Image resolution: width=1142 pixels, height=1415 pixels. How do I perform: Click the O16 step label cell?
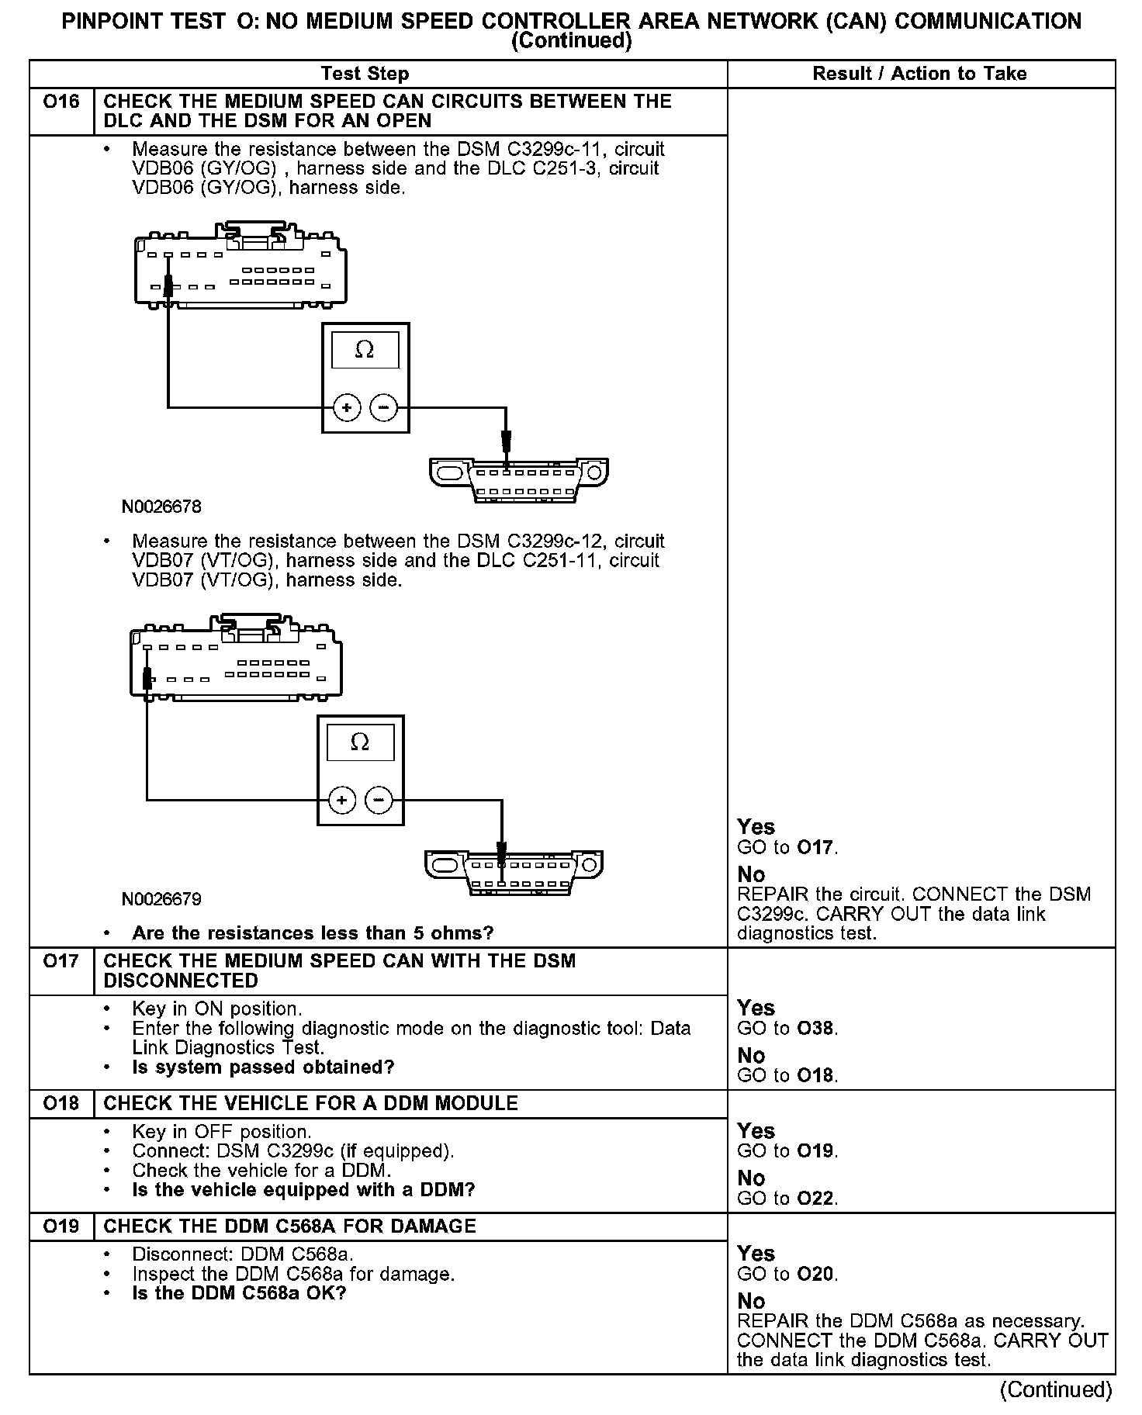[x=61, y=102]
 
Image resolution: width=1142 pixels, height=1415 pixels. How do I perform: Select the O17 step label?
[x=61, y=961]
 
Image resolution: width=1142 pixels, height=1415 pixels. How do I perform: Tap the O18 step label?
[x=61, y=1103]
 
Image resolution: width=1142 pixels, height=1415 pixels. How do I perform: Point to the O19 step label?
[x=61, y=1226]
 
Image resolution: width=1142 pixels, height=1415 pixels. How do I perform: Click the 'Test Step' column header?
[x=365, y=74]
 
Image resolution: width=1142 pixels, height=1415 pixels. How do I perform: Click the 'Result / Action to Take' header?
[x=919, y=74]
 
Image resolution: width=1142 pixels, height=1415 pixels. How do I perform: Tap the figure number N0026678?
[x=161, y=507]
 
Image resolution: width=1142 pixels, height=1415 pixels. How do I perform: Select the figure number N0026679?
[x=161, y=899]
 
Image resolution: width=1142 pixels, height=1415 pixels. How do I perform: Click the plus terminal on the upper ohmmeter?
[x=347, y=407]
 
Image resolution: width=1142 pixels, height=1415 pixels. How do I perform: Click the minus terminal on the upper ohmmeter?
[x=383, y=407]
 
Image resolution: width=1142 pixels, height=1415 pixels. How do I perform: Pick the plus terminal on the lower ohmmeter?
[x=342, y=800]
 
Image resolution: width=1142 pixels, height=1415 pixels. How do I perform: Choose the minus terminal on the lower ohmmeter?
[x=379, y=800]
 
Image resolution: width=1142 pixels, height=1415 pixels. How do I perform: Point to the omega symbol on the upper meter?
[x=365, y=351]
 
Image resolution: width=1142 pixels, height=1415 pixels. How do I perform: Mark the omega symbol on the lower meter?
[x=360, y=742]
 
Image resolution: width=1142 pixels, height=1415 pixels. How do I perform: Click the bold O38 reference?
[x=816, y=1029]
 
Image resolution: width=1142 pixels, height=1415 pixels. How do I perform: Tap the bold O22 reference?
[x=816, y=1199]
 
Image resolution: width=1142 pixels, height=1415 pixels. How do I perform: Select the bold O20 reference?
[x=816, y=1274]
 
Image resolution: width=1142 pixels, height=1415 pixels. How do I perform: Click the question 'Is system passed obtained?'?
[x=263, y=1067]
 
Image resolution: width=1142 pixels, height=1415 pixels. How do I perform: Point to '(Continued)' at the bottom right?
[x=1056, y=1389]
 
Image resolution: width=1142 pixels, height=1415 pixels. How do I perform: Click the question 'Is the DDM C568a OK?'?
[x=239, y=1293]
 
